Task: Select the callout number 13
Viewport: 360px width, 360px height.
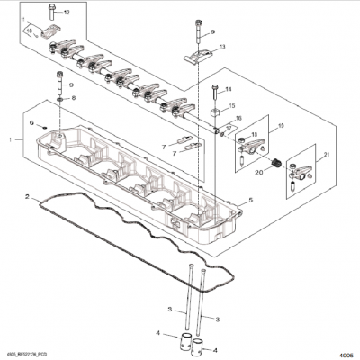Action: click(222, 47)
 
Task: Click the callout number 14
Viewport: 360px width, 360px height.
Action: click(228, 89)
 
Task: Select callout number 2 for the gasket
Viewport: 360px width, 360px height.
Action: click(29, 195)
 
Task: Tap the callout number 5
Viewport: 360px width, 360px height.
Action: click(250, 200)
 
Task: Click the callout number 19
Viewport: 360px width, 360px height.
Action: click(280, 126)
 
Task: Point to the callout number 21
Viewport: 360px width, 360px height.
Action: click(301, 157)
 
